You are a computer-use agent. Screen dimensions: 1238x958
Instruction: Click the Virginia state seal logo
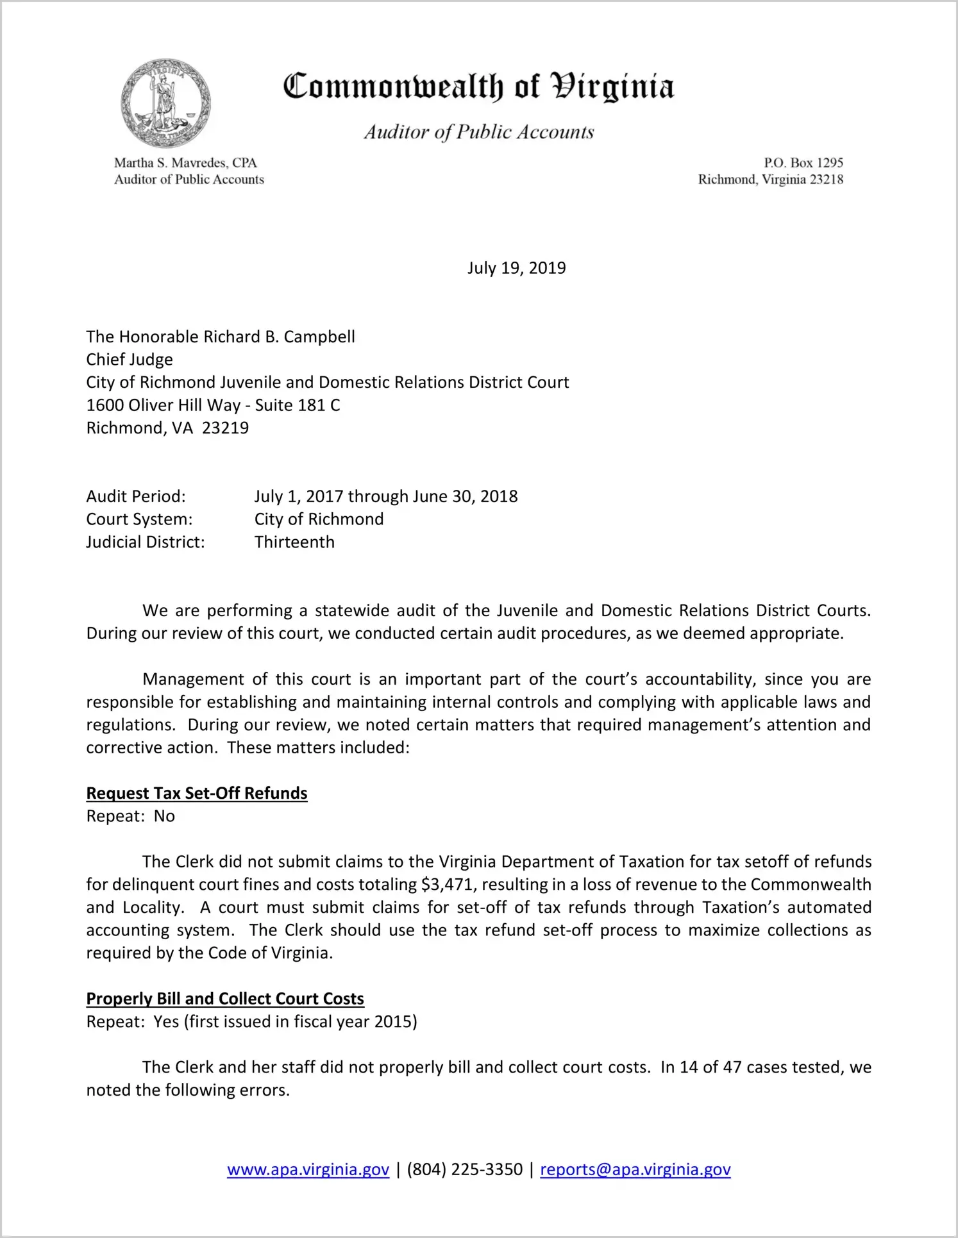pyautogui.click(x=166, y=103)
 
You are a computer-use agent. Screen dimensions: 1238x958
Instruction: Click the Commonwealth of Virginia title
pyautogui.click(x=478, y=87)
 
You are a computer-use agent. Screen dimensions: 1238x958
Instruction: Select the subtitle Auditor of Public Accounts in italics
pyautogui.click(x=479, y=132)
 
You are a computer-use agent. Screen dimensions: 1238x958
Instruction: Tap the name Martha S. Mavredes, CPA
pyautogui.click(x=185, y=163)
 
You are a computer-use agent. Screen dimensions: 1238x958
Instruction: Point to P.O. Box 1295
pyautogui.click(x=803, y=163)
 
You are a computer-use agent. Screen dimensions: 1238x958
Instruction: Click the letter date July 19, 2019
pyautogui.click(x=516, y=268)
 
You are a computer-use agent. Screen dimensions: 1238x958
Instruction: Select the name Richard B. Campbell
pyautogui.click(x=279, y=337)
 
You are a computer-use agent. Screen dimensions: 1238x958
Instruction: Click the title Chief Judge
pyautogui.click(x=130, y=360)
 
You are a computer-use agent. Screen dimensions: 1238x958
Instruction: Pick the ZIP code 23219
pyautogui.click(x=225, y=428)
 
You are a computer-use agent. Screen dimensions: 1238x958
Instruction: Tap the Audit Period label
pyautogui.click(x=136, y=497)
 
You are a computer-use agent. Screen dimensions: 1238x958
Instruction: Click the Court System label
pyautogui.click(x=139, y=519)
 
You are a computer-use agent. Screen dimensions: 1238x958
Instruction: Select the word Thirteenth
pyautogui.click(x=294, y=542)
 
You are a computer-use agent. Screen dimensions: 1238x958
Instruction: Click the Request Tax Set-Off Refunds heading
pyautogui.click(x=197, y=794)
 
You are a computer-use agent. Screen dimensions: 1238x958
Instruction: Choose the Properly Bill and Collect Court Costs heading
pyautogui.click(x=225, y=999)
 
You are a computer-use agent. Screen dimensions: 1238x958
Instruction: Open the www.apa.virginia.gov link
pyautogui.click(x=308, y=1169)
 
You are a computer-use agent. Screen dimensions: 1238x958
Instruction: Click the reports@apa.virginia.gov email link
pyautogui.click(x=635, y=1169)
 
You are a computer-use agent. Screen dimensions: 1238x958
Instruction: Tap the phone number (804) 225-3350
pyautogui.click(x=464, y=1169)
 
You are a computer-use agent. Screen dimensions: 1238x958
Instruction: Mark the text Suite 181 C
pyautogui.click(x=298, y=405)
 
